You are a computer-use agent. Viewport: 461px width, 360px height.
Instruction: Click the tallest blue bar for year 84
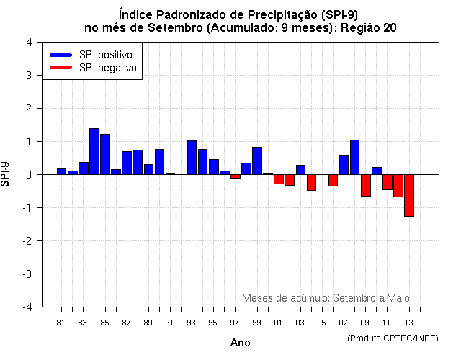94,151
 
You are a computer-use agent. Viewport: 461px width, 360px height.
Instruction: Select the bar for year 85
105,154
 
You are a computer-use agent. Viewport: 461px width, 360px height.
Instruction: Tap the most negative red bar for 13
409,195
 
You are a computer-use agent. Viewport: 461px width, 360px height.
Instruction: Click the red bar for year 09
366,185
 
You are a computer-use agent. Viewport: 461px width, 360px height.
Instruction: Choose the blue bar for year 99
257,161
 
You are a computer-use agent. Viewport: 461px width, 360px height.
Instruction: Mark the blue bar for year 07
344,165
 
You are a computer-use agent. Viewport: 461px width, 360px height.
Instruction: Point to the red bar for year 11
388,182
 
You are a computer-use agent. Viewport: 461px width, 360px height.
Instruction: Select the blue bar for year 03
300,170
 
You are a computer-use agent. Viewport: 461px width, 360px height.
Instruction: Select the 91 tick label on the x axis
169,322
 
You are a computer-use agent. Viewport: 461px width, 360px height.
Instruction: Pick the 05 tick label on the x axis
322,322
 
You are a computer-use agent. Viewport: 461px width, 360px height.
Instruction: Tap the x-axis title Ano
240,343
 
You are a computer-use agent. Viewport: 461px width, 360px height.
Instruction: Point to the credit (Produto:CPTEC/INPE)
393,338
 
